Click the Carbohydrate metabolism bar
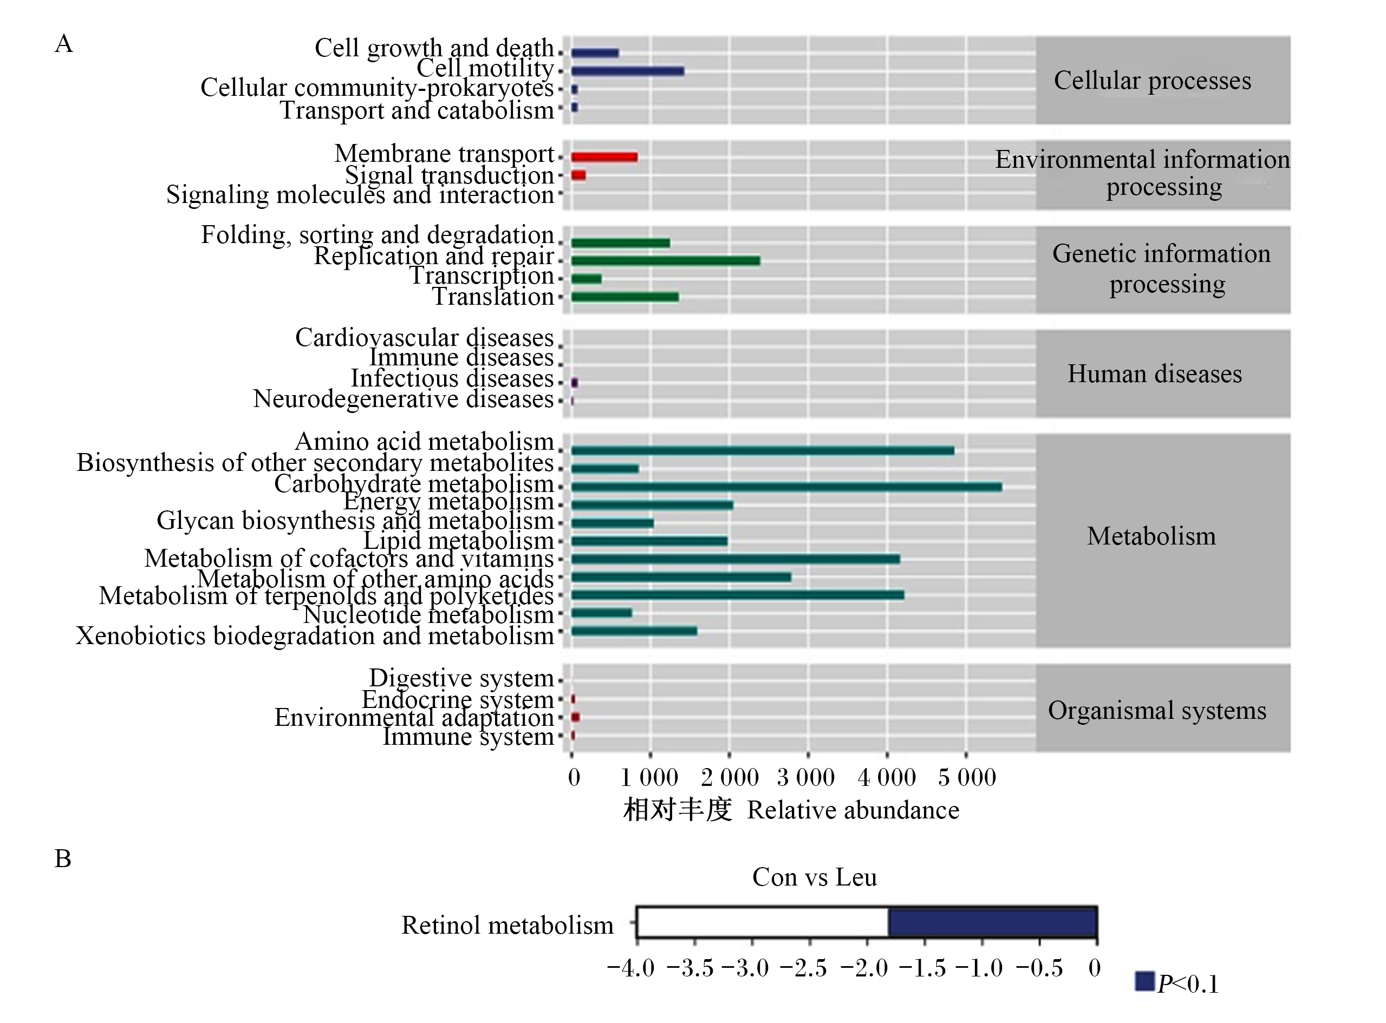pyautogui.click(x=786, y=487)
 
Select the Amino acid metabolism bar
pyautogui.click(x=763, y=451)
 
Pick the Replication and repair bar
pyautogui.click(x=666, y=261)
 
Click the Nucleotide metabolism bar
pyautogui.click(x=602, y=613)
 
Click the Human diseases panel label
pyautogui.click(x=1154, y=374)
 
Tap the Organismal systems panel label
pyautogui.click(x=1157, y=710)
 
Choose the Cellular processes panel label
pyautogui.click(x=1153, y=81)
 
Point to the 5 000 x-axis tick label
pyautogui.click(x=967, y=777)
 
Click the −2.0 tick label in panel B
pyautogui.click(x=864, y=968)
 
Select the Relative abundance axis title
pyautogui.click(x=853, y=810)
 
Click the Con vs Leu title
pyautogui.click(x=814, y=877)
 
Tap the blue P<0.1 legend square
pyautogui.click(x=1144, y=981)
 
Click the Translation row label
pyautogui.click(x=492, y=297)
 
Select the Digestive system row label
pyautogui.click(x=461, y=678)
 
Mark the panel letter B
pyautogui.click(x=63, y=859)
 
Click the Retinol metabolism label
pyautogui.click(x=507, y=925)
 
